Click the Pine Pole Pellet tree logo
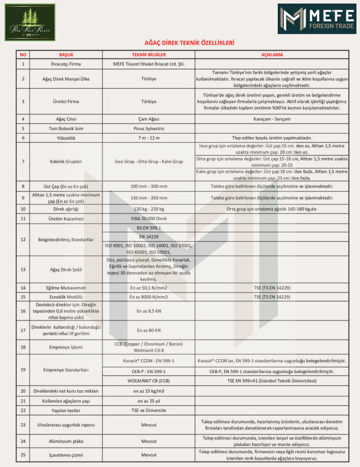coord(30,22)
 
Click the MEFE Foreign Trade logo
coord(316,19)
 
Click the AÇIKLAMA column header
coord(272,54)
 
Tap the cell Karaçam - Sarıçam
coord(272,119)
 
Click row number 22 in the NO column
coord(23,410)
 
